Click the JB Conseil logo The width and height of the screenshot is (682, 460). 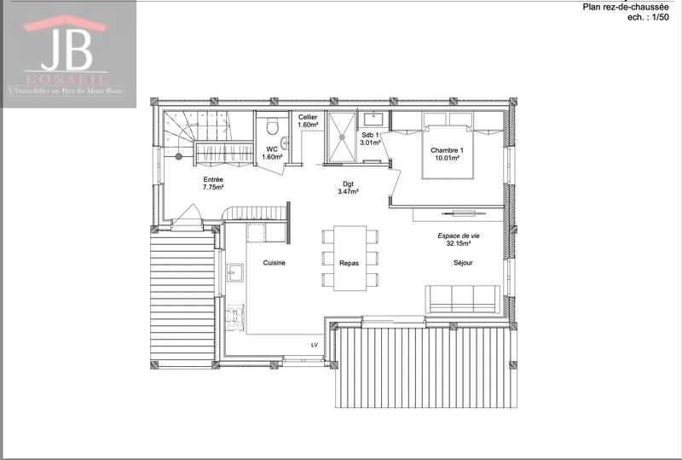click(67, 53)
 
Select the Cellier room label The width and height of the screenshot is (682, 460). click(308, 120)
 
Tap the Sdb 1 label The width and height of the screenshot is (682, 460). click(370, 139)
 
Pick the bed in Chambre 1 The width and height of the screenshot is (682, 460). click(448, 151)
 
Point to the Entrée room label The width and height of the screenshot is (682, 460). click(213, 182)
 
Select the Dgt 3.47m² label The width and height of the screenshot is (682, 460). click(348, 187)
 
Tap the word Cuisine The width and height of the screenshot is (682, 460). click(274, 263)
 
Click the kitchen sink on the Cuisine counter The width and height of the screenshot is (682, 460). click(234, 273)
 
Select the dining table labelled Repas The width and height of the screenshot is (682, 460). click(350, 258)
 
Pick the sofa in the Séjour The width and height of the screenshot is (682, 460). click(463, 297)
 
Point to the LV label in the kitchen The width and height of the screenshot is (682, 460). click(314, 345)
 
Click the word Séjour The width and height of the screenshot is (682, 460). click(463, 263)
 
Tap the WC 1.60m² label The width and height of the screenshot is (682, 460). click(272, 153)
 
